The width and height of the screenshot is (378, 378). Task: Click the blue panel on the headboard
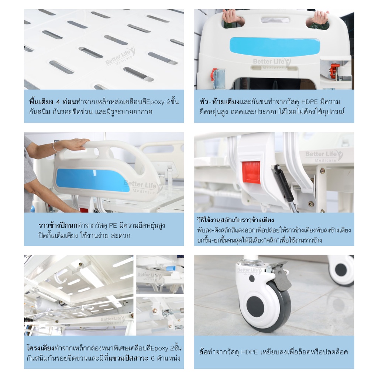[275, 47]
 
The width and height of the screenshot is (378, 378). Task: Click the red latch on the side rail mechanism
[251, 172]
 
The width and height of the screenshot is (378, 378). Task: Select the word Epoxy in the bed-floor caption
[155, 102]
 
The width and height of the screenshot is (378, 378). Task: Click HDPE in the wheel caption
[250, 352]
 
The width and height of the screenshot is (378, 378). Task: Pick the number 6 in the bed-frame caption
[152, 358]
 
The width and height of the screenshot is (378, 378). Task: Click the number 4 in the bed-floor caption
[58, 102]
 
